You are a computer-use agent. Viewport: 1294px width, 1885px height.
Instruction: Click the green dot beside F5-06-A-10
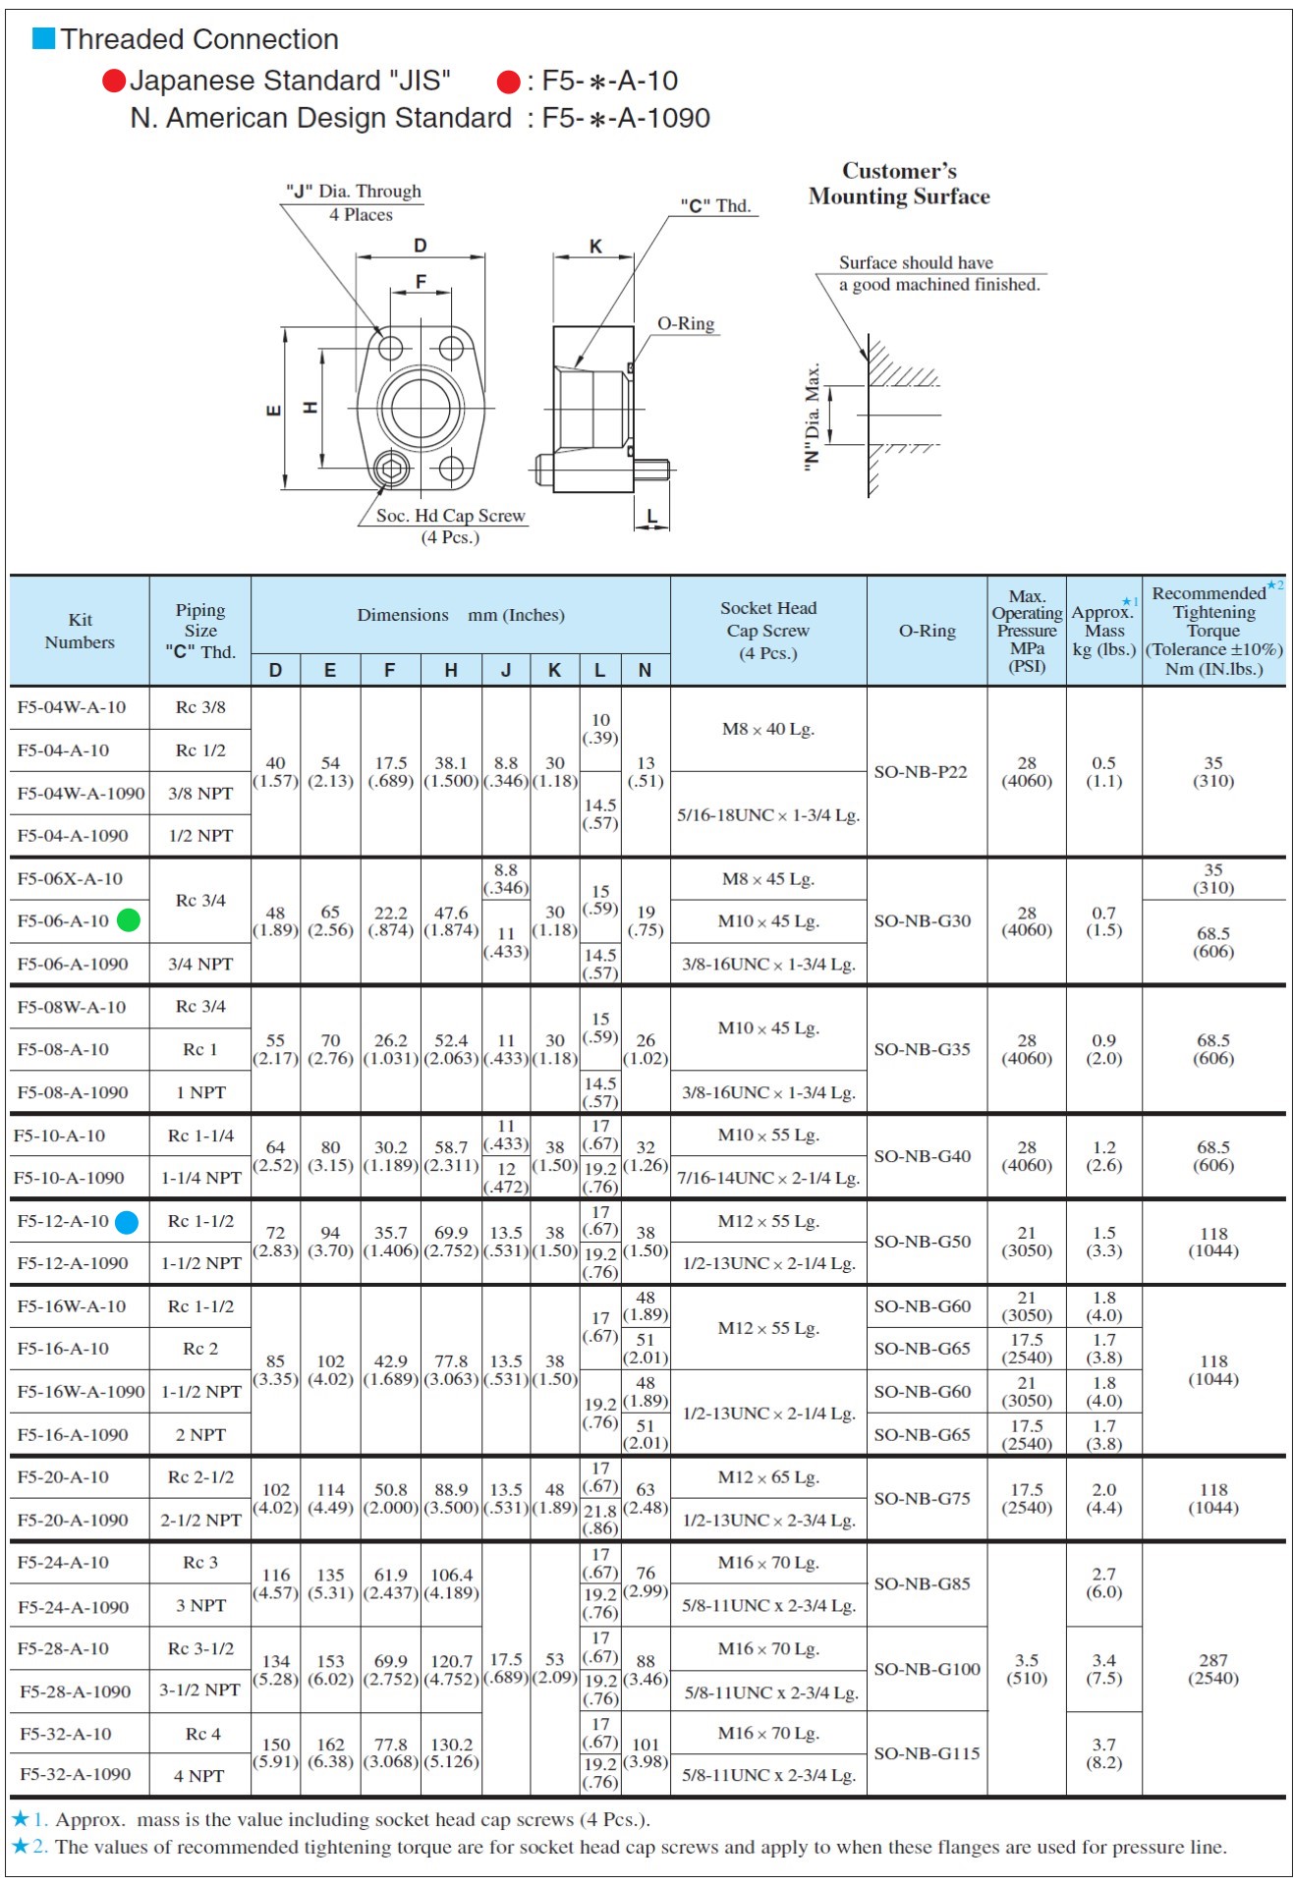coord(129,920)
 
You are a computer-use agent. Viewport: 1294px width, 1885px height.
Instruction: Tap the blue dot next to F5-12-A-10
coord(127,1222)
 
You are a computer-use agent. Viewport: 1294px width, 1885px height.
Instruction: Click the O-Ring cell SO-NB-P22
coord(921,772)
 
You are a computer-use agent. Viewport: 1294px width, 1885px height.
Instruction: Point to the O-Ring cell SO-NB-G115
coord(927,1753)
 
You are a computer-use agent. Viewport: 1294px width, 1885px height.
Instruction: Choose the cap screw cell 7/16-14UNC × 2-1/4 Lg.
coord(768,1178)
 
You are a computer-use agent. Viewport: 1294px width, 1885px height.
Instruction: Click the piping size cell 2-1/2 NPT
coord(201,1520)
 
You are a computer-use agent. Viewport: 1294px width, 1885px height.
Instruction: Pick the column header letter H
coord(451,670)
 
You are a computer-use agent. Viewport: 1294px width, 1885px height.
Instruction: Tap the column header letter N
coord(645,670)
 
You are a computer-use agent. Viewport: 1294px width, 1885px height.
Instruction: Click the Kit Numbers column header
coord(80,631)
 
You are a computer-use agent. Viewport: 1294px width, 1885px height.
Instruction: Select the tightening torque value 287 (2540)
coord(1213,1669)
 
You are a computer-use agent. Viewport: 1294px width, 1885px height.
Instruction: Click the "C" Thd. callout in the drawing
coord(716,206)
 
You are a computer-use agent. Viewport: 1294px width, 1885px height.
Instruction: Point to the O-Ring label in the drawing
coord(686,324)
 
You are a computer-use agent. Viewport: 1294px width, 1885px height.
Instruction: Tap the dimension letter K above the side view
coord(595,247)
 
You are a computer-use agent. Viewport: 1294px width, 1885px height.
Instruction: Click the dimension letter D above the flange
coord(420,246)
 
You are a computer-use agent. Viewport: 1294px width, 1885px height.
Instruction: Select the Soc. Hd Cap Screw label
coord(450,516)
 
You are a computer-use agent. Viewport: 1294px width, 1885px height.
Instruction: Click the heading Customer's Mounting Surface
coord(899,184)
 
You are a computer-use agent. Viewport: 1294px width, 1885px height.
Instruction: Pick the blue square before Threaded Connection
coord(44,38)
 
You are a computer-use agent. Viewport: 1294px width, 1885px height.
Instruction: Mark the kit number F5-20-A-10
coord(63,1477)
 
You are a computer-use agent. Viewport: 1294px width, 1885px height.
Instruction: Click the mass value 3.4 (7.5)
coord(1103,1669)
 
